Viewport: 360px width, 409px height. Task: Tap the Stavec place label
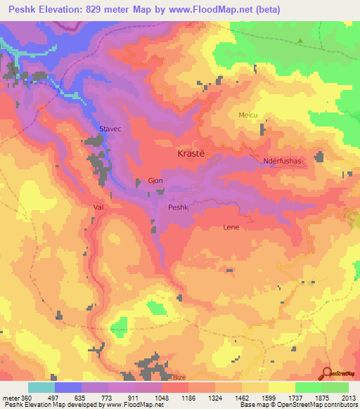click(x=111, y=128)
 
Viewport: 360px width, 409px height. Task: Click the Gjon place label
click(x=155, y=181)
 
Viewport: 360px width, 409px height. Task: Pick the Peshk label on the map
click(x=179, y=207)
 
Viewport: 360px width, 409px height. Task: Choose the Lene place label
click(x=231, y=227)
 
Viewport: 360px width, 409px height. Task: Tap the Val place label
click(x=98, y=208)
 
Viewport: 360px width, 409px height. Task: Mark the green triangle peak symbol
click(x=301, y=40)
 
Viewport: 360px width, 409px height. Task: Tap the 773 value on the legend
click(x=109, y=398)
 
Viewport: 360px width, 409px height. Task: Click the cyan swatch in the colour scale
click(x=41, y=387)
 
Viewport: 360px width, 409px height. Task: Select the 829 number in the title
click(x=105, y=10)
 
